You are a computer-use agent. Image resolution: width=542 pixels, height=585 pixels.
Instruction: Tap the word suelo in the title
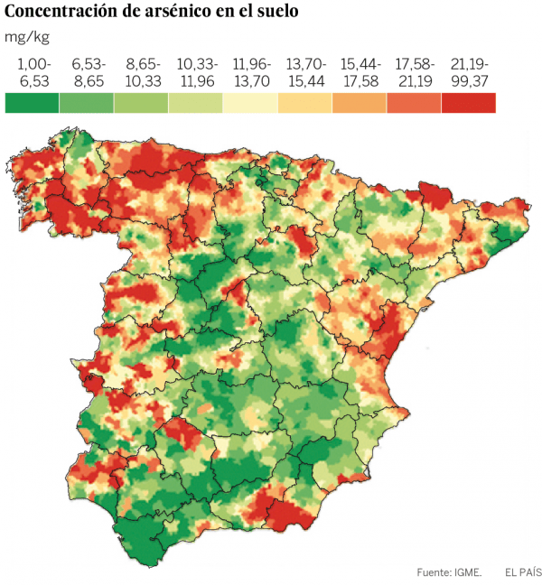click(x=276, y=12)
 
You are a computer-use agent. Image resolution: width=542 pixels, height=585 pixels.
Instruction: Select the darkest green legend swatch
click(x=32, y=102)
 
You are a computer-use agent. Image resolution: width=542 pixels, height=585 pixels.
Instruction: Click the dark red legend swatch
click(x=469, y=102)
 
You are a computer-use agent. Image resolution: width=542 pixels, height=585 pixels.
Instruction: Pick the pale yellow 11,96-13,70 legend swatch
click(x=250, y=102)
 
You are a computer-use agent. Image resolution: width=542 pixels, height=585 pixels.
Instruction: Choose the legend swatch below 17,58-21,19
click(x=414, y=102)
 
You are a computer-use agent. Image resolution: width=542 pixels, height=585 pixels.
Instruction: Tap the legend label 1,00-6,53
click(x=34, y=72)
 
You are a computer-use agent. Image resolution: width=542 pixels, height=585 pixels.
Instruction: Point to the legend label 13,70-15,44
click(x=305, y=72)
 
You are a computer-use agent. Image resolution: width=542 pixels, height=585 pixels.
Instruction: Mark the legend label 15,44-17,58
click(x=360, y=72)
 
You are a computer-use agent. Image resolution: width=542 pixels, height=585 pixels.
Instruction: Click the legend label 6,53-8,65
click(x=89, y=72)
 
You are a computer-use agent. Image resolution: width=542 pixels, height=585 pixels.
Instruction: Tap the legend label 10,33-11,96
click(x=197, y=72)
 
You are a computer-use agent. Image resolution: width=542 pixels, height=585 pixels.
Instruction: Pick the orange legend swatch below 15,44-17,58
click(x=360, y=102)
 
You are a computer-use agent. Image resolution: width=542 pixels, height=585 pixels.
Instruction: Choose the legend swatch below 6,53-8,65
click(x=87, y=102)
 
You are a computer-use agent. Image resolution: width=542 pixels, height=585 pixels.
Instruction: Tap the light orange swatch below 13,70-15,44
click(x=304, y=102)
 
